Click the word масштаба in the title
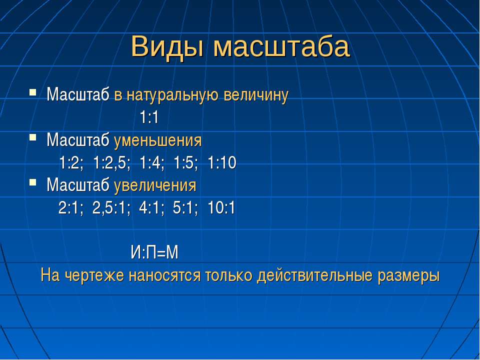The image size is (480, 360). (281, 47)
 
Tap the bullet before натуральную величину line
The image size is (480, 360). (33, 92)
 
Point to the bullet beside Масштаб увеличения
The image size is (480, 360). (33, 183)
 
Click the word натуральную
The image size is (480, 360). (173, 95)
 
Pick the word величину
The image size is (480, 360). (256, 95)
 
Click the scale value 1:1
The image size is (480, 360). (149, 117)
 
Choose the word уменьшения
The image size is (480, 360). (158, 140)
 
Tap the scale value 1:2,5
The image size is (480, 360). (111, 162)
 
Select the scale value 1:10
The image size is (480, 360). (222, 162)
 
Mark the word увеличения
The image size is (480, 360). (155, 185)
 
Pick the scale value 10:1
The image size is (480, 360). (221, 208)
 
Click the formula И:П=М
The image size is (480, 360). (154, 253)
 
